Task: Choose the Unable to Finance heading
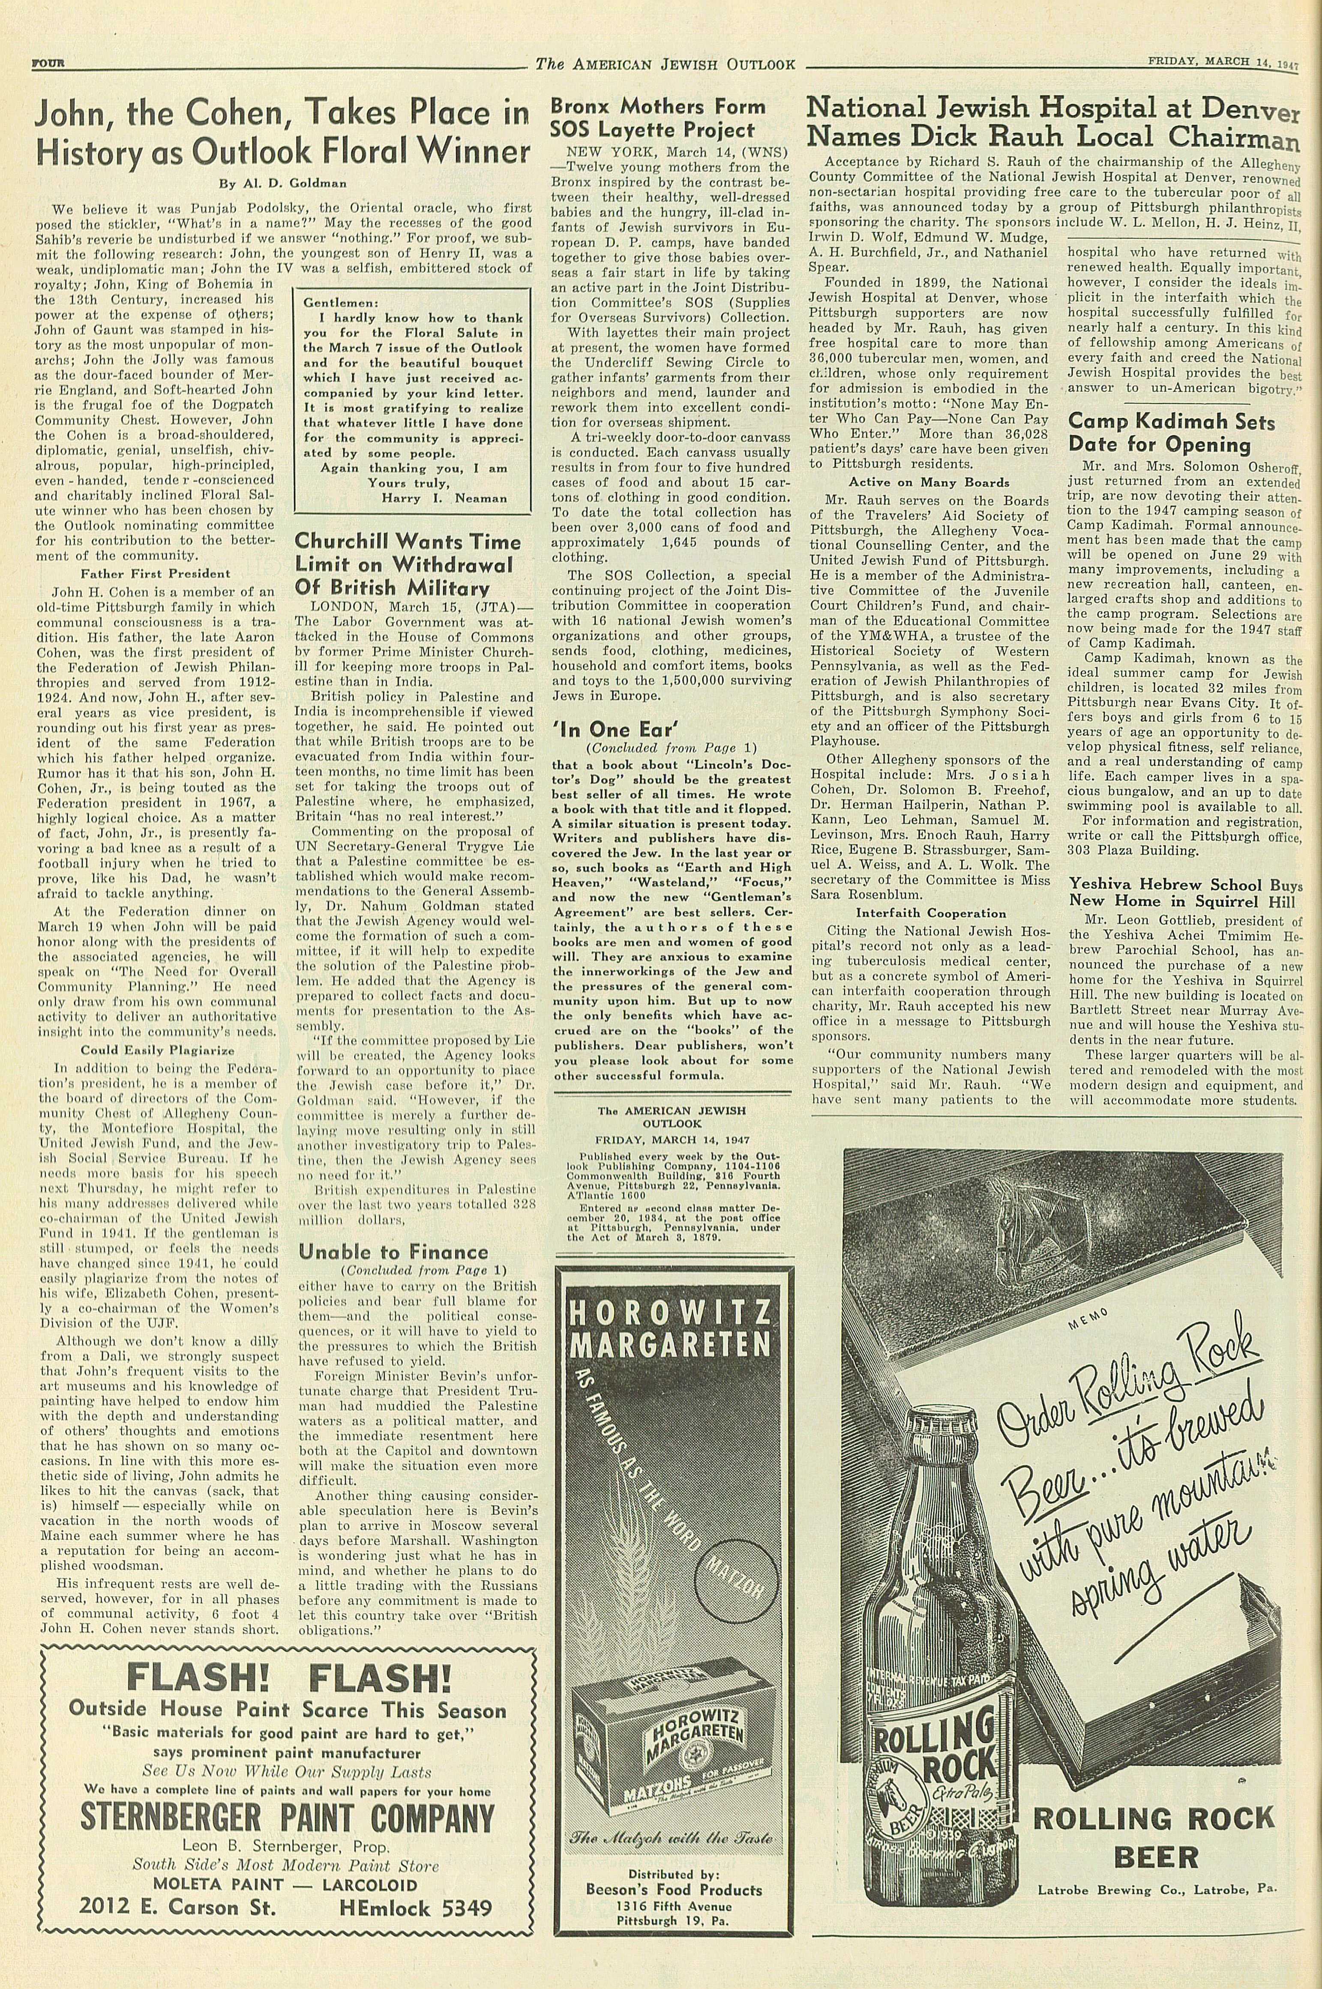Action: tap(393, 1252)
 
